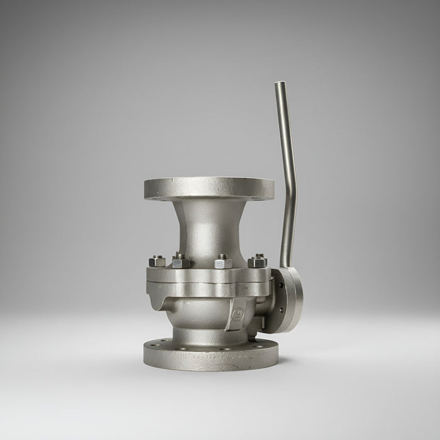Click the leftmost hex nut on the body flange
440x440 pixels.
click(157, 260)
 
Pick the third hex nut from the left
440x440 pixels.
click(222, 261)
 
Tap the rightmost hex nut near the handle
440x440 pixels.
click(256, 260)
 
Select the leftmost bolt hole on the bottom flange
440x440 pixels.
click(151, 344)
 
